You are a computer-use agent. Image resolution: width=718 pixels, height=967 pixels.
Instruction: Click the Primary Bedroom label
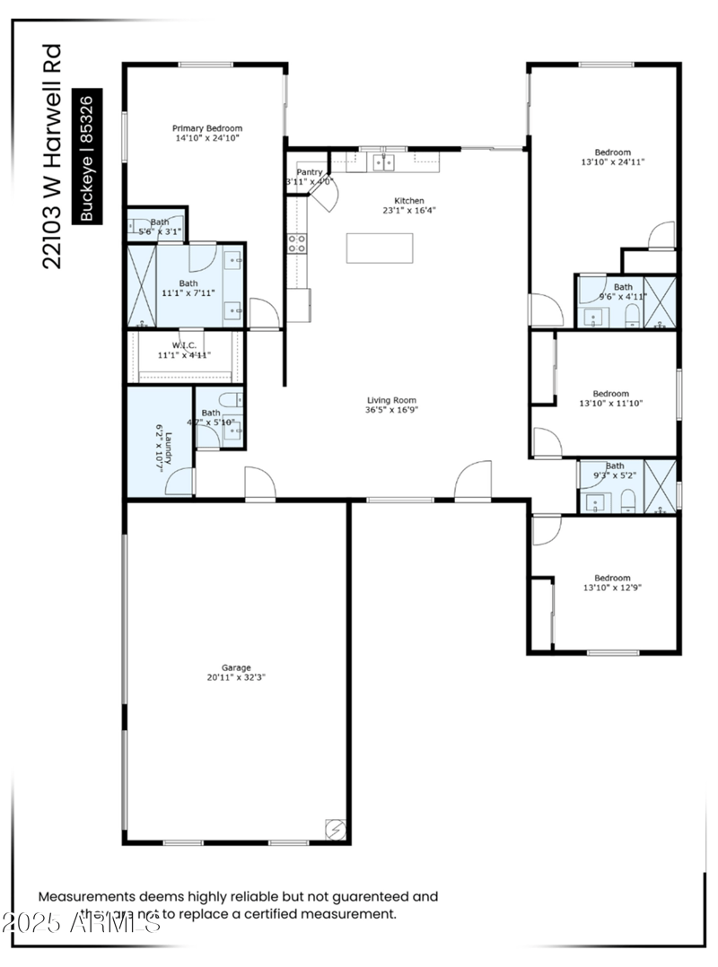coord(207,128)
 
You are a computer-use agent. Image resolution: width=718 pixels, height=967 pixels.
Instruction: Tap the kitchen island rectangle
coord(380,248)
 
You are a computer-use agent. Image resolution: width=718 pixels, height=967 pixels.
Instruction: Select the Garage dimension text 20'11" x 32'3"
coord(236,677)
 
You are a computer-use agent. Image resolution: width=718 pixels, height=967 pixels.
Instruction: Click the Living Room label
coord(391,400)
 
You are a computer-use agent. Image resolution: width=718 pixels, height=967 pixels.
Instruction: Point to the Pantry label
coord(310,171)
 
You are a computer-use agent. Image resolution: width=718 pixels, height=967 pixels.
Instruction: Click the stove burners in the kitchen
coord(296,242)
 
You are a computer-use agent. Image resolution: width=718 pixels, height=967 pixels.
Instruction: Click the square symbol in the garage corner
coord(334,829)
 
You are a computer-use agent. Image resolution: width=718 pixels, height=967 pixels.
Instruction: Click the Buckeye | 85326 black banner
coord(87,158)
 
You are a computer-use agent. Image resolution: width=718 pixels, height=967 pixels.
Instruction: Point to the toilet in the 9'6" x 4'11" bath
coord(632,314)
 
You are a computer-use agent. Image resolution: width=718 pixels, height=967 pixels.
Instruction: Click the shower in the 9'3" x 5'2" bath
coord(661,486)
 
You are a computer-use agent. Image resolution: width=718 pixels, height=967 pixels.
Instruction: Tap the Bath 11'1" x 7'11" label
coord(188,288)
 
